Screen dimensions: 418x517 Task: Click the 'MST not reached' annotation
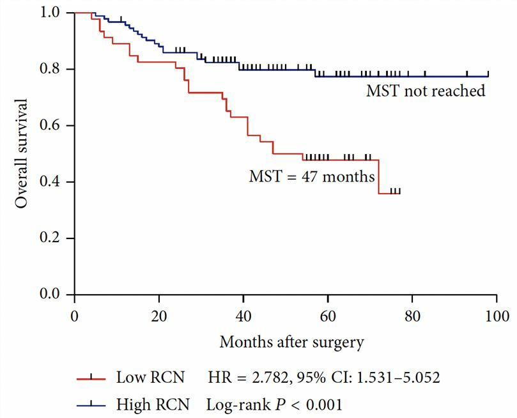point(426,91)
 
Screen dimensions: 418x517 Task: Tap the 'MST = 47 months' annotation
point(312,176)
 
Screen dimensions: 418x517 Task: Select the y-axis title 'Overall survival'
point(22,153)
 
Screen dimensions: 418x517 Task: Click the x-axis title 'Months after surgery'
point(291,342)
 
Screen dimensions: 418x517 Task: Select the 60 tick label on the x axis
point(328,316)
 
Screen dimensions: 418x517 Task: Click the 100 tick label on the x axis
point(497,316)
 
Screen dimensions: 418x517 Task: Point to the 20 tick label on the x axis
point(159,316)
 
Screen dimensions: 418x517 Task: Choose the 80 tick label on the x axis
point(412,316)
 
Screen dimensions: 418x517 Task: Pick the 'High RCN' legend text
point(152,404)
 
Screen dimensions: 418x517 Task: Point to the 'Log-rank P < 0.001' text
point(274,404)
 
